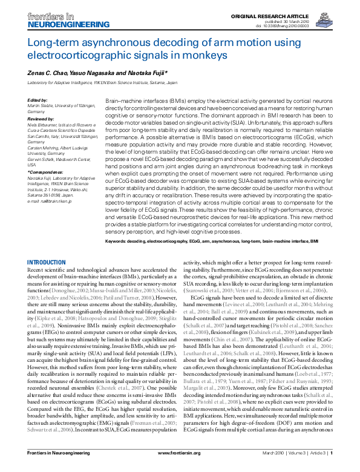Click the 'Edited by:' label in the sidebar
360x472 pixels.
(38, 99)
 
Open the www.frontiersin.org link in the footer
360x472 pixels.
(179, 453)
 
